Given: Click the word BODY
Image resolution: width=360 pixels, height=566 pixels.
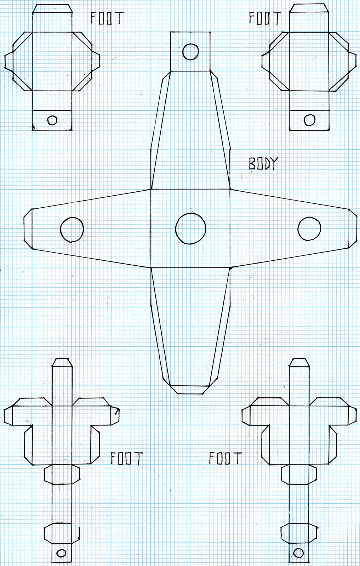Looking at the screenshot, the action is point(263,163).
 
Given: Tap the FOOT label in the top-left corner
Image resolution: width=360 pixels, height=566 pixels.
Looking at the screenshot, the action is point(107,18).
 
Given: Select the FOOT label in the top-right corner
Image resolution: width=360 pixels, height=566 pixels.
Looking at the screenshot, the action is point(265,18).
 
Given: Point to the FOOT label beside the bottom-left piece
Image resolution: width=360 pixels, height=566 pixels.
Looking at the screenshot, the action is point(126,458).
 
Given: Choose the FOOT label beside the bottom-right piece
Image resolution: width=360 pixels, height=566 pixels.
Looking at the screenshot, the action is point(225,458).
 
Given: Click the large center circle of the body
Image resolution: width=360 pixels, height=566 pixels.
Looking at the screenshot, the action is point(190,229).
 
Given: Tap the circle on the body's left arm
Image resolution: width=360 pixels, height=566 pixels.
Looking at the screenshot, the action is point(72,229).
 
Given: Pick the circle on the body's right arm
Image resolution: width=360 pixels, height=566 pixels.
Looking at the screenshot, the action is point(309,229).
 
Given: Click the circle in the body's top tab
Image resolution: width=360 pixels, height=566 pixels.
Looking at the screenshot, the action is point(191,52).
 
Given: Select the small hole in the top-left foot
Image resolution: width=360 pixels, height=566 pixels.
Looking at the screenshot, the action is point(52,120).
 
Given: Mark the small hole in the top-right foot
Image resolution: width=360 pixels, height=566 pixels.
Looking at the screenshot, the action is point(310,120).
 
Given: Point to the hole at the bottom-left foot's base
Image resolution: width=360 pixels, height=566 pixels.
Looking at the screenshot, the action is point(61,553).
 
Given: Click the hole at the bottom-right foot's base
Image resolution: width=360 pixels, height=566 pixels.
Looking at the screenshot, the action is point(299,553).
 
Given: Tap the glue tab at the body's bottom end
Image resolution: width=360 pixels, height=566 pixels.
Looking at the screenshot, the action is point(190,389).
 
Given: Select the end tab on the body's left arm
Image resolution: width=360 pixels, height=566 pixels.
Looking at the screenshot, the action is point(28,229).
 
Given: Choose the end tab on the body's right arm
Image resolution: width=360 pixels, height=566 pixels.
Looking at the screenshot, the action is point(353,229).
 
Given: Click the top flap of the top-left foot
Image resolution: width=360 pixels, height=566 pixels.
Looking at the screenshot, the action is point(52,9).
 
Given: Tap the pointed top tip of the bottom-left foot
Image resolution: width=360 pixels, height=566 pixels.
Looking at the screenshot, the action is point(62,362).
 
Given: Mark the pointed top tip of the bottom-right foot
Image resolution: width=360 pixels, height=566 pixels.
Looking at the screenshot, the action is point(299,362).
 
